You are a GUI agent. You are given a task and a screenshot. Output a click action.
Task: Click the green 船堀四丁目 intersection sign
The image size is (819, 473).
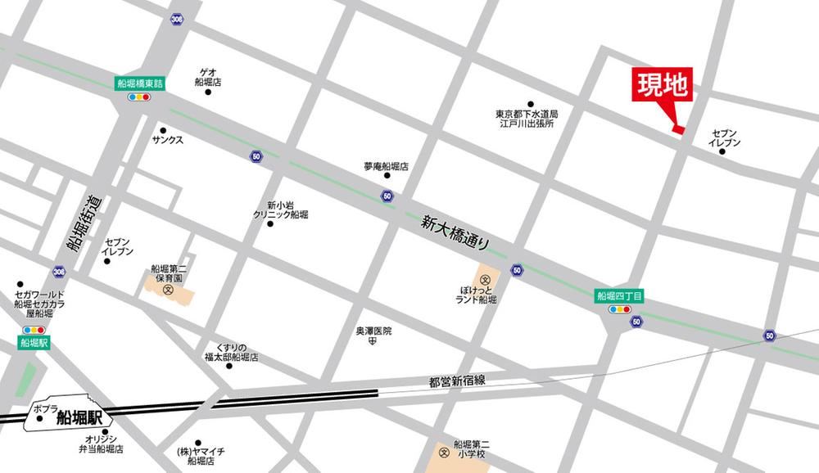pyautogui.click(x=620, y=296)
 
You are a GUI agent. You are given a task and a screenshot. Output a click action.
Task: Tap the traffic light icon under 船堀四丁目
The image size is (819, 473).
pyautogui.click(x=620, y=310)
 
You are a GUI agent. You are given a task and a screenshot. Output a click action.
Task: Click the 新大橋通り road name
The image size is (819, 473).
pyautogui.click(x=456, y=232)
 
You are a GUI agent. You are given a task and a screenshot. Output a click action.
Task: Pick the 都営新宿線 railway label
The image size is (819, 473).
pyautogui.click(x=457, y=381)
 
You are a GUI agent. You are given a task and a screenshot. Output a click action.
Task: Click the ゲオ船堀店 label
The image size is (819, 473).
pyautogui.click(x=208, y=77)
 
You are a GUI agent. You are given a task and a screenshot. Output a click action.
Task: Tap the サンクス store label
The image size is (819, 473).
pyautogui.click(x=167, y=140)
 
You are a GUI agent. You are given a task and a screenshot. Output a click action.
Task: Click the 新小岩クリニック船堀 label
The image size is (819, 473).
pyautogui.click(x=280, y=209)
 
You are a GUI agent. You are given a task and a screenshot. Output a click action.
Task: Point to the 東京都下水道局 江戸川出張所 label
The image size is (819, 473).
pyautogui.click(x=526, y=119)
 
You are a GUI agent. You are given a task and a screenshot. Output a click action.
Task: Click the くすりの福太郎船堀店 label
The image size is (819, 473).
pyautogui.click(x=231, y=353)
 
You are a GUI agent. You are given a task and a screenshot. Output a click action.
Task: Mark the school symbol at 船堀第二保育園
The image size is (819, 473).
pyautogui.click(x=168, y=290)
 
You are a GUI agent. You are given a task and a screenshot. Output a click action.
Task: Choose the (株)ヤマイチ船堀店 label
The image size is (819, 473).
pyautogui.click(x=201, y=455)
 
